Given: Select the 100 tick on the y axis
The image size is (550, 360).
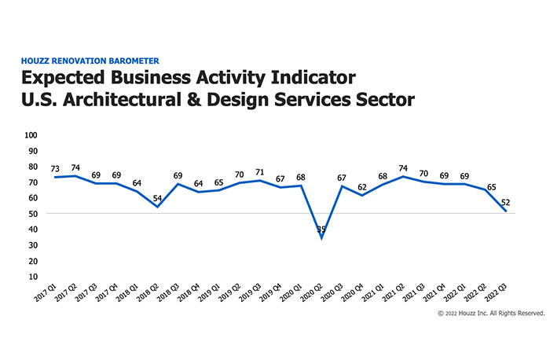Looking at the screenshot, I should [x=31, y=135].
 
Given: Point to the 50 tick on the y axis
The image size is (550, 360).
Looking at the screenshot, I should [x=34, y=214].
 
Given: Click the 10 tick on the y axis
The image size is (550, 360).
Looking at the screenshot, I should [x=34, y=277].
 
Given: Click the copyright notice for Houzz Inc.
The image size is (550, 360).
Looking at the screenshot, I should [x=490, y=313].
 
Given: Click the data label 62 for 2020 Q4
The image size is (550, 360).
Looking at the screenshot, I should [x=363, y=187].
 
